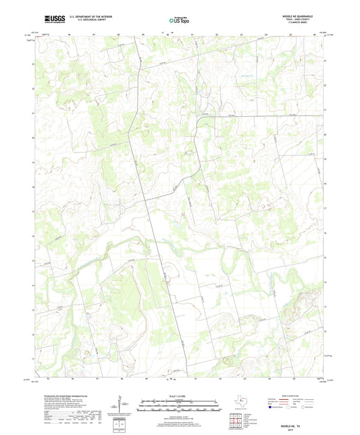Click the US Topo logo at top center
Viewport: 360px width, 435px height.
179,21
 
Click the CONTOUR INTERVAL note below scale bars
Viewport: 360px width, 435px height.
179,415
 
